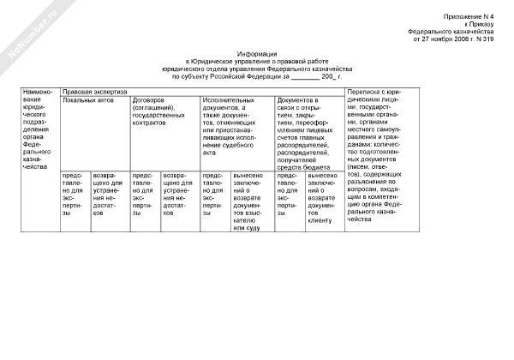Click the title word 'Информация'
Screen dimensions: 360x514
(257, 53)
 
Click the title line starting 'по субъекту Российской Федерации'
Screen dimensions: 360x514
(257, 77)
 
